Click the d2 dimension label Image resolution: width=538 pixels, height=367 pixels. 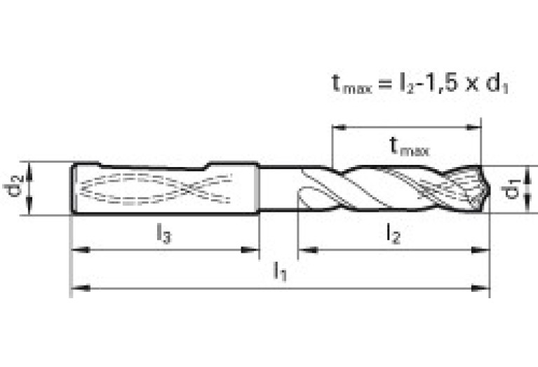[14, 185]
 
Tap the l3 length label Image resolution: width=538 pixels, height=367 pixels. [164, 234]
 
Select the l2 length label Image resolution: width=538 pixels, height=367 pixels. [394, 234]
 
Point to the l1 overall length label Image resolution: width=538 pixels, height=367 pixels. [280, 272]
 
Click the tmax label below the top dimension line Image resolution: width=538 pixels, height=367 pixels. [410, 147]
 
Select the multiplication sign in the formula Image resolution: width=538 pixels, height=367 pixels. [472, 85]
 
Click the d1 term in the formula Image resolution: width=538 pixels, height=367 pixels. [497, 84]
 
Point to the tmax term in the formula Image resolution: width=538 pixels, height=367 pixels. [352, 84]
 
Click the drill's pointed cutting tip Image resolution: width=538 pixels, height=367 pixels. [490, 189]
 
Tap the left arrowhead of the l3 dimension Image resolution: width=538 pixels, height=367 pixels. [80, 250]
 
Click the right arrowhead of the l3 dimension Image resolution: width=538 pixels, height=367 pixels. [250, 250]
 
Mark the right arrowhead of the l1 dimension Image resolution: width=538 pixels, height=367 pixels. [480, 288]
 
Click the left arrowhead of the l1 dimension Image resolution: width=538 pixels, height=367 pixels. [80, 288]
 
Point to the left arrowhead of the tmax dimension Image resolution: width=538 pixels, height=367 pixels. [339, 128]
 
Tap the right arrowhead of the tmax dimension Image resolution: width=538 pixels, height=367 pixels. [473, 128]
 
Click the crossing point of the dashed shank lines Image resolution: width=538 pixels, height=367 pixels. [189, 188]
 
